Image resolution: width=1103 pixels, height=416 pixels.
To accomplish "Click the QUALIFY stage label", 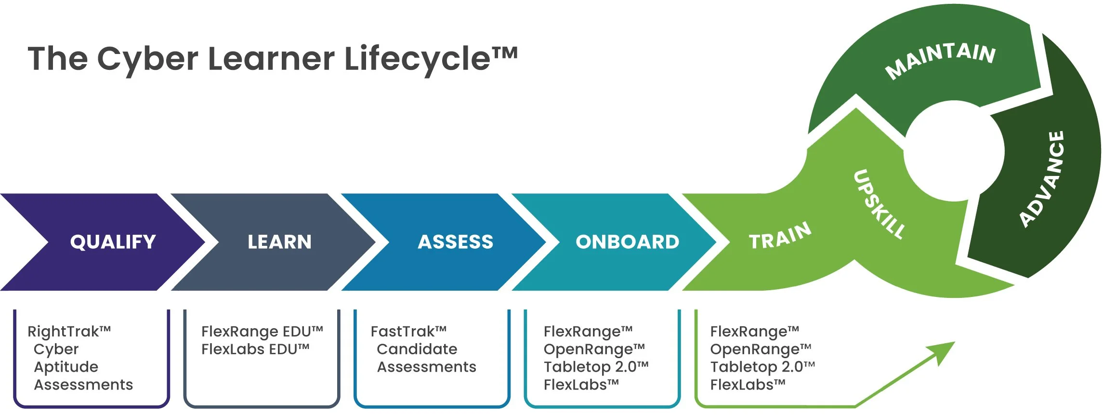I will click(113, 242).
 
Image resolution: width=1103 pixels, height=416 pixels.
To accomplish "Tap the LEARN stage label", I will click(279, 242).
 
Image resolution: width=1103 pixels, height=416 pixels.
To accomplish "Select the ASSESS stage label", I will click(455, 242).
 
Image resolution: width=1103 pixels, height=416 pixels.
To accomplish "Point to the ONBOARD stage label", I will click(627, 242).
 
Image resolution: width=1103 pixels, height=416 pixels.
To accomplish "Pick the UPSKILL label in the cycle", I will click(879, 204).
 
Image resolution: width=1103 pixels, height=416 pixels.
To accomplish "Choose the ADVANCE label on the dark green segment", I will click(1042, 179).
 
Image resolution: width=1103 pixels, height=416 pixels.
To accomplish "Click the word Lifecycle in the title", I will click(417, 59).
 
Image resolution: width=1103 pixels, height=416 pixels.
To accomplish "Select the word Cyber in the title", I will click(147, 59).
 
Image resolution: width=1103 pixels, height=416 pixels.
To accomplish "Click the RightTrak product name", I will click(69, 332).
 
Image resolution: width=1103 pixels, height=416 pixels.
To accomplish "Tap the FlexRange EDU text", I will click(262, 332).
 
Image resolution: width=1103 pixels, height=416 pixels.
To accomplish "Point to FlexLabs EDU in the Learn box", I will click(255, 349).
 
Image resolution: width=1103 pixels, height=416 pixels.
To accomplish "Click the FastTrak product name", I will click(408, 332).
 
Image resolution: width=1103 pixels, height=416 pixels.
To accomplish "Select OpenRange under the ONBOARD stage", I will click(593, 349).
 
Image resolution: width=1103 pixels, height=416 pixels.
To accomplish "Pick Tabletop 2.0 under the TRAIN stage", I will click(762, 367).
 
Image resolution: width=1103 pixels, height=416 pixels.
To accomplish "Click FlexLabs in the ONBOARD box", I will click(580, 385).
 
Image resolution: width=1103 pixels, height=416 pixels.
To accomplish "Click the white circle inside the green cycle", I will click(954, 150).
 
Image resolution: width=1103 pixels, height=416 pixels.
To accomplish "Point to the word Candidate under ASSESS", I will click(417, 349).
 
